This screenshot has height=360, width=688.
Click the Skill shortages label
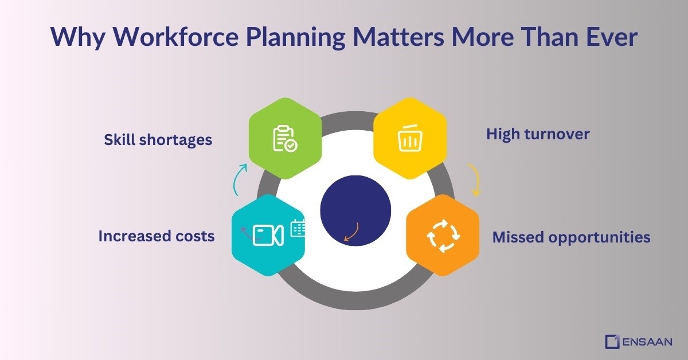point(158,139)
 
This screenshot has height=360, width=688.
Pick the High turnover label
point(538,134)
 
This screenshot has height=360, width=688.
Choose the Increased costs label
point(157,236)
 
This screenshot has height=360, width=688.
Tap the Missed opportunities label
point(571,237)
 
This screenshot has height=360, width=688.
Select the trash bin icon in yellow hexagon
point(409,140)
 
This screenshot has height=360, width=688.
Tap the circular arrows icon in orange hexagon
point(443,236)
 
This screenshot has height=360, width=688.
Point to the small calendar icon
point(298,228)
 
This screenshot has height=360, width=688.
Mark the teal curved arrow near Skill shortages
point(240,177)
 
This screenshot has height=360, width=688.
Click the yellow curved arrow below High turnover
point(474,179)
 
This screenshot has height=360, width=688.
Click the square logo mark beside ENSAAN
point(612,342)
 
